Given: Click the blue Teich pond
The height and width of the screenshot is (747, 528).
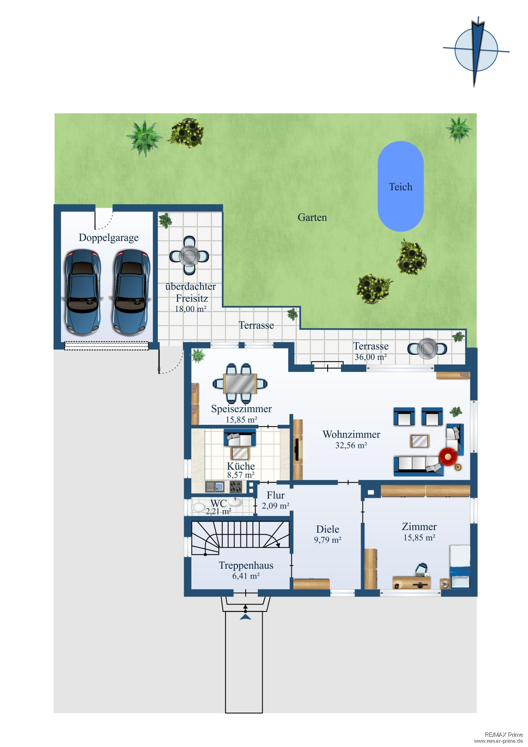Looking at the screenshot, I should tap(400, 186).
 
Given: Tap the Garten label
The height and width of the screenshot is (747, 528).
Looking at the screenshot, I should tap(312, 217).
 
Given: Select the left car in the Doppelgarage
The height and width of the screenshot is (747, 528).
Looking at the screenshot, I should tap(83, 292).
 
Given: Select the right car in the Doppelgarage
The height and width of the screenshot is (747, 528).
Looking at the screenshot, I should tap(131, 292).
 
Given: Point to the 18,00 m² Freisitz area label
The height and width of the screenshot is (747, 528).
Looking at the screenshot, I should tap(190, 309).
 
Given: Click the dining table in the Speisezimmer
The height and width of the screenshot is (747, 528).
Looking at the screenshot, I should tap(240, 383).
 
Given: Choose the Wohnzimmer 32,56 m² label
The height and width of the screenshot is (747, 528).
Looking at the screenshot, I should tap(351, 440).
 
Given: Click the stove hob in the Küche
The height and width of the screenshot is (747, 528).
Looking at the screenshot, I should tap(236, 487).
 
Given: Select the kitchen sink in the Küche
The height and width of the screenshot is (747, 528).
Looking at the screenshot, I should tap(215, 487).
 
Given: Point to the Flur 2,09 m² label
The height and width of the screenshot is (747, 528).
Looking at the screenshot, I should tap(275, 500).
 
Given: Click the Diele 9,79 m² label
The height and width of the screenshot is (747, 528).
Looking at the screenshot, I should tap(328, 534).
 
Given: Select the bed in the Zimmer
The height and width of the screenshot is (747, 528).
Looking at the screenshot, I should tap(460, 566).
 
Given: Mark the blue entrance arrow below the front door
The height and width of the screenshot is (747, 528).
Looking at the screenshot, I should tap(246, 617).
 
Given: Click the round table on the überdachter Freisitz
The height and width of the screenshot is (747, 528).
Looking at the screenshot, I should tap(189, 256).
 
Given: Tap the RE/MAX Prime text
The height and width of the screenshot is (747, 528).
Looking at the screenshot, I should tap(503, 735).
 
